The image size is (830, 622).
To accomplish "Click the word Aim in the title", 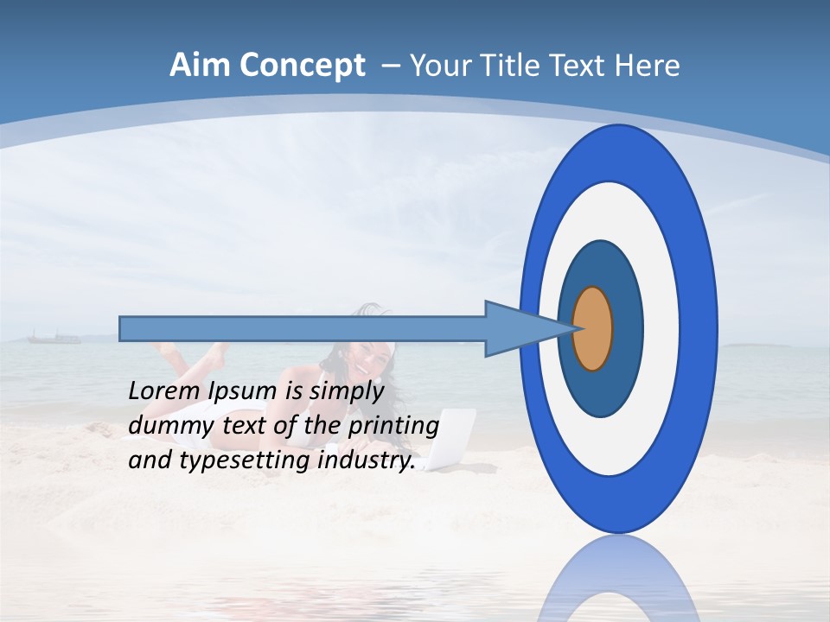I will tap(200, 66).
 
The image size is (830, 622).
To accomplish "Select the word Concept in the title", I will tap(302, 66).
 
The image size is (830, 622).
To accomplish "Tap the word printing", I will tap(393, 427).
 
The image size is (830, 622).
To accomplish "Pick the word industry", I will tap(367, 460).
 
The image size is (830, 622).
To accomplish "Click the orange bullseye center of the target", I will tap(592, 328).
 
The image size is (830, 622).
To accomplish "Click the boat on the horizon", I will tap(54, 337).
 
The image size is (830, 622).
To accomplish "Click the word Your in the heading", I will tap(443, 66).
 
